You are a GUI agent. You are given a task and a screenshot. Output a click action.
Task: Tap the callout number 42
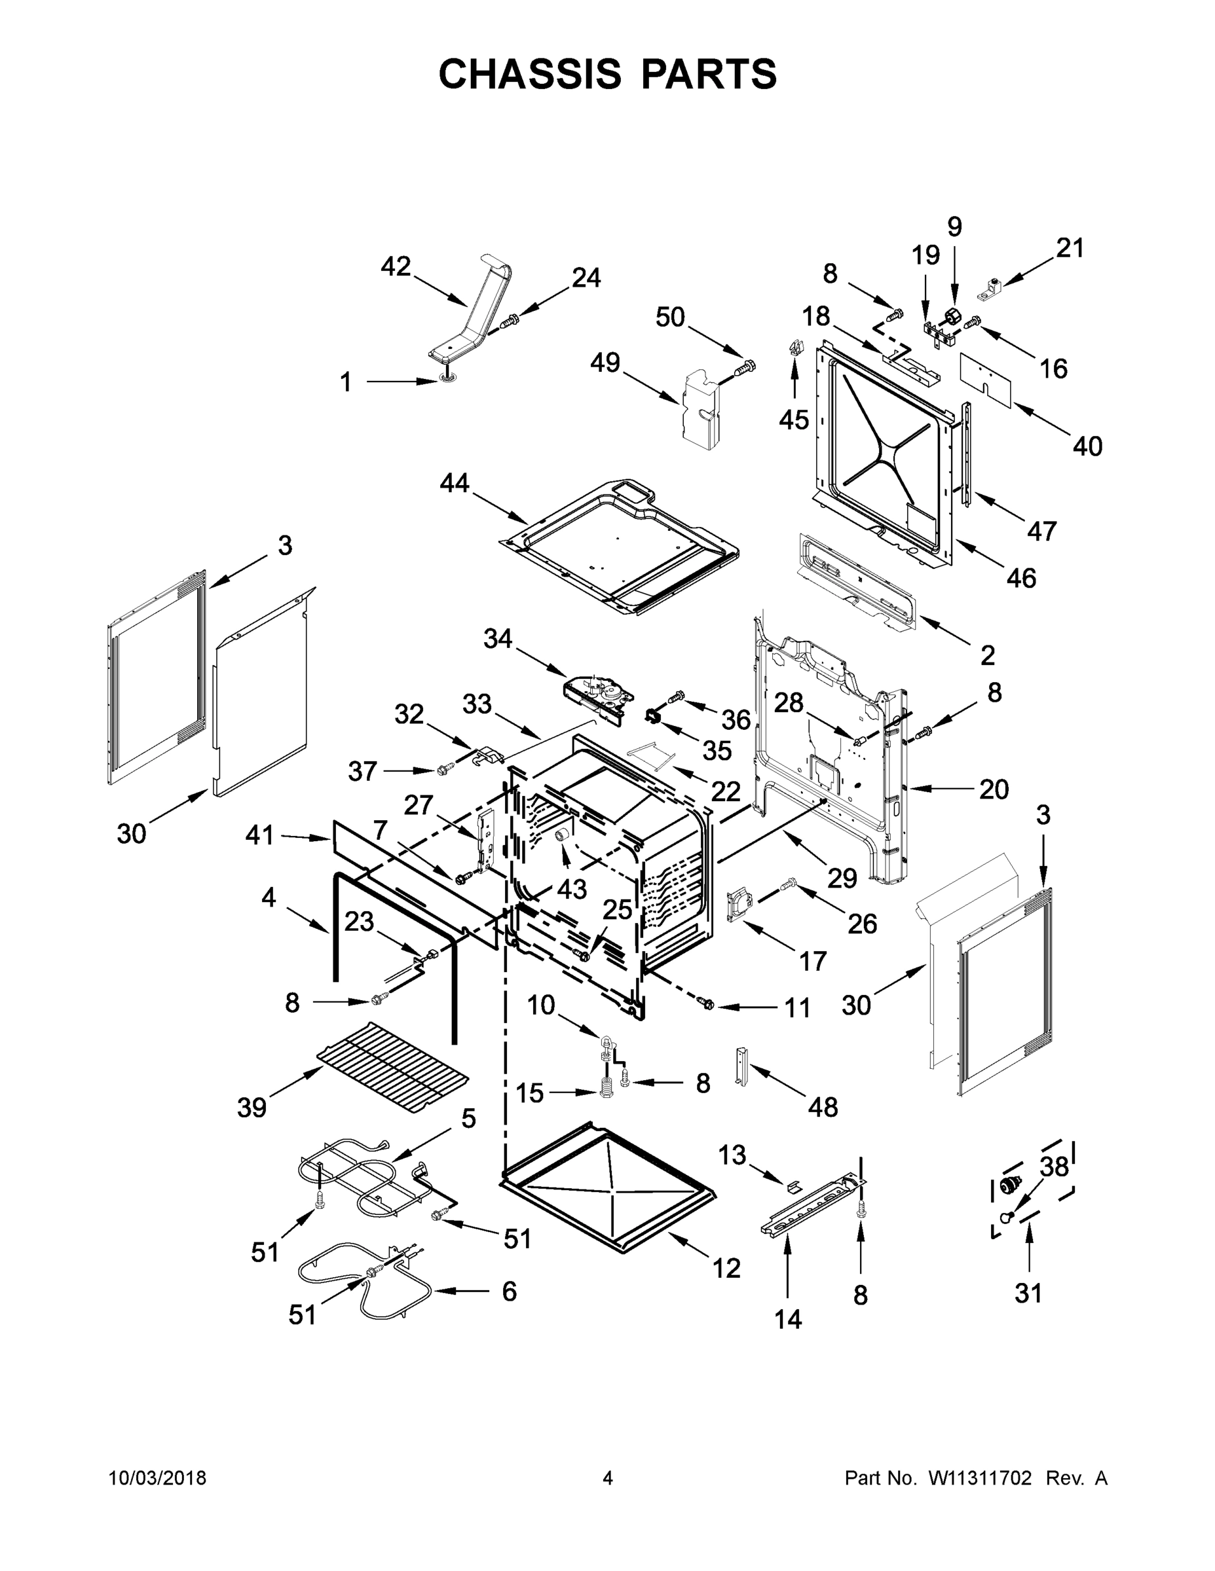click(395, 266)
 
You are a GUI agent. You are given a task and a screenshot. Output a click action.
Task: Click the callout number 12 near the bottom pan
click(726, 1268)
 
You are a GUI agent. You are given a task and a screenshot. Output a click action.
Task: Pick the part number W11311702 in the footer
click(980, 1478)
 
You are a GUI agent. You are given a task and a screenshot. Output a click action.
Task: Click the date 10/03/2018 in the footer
click(158, 1478)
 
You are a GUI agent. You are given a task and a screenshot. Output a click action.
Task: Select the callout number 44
click(454, 482)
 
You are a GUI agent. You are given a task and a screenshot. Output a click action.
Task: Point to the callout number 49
click(605, 362)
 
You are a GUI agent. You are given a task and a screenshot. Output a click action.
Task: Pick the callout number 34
click(497, 638)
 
